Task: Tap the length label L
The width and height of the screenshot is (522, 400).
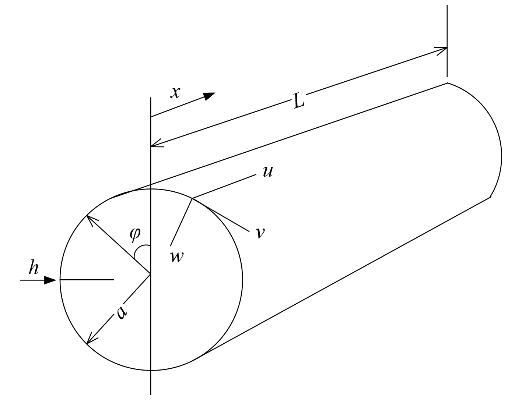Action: pos(299,101)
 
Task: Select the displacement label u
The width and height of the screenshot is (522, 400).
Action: pos(267,171)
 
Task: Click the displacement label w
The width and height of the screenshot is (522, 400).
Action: pos(177,256)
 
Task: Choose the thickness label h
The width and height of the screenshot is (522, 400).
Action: pos(34,268)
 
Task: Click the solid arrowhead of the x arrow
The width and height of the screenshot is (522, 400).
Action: pos(209,96)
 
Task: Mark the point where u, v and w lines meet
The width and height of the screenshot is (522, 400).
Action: pos(192,199)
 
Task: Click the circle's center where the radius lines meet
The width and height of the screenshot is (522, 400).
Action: pos(151,274)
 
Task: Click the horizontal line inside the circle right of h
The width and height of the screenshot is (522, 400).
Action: pos(87,280)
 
